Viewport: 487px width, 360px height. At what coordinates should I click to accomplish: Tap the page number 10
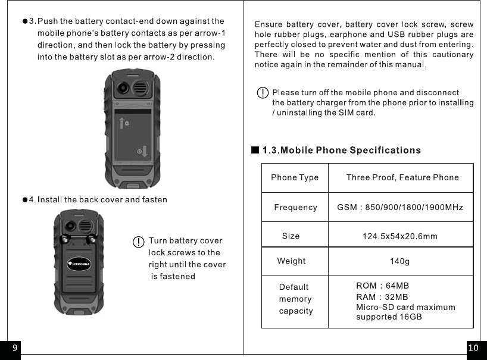click(x=473, y=348)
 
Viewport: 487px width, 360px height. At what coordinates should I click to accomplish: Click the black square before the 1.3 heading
click(x=255, y=150)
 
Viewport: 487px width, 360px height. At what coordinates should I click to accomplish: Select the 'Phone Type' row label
click(x=295, y=177)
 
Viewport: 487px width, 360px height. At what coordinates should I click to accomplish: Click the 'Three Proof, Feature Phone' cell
click(x=402, y=177)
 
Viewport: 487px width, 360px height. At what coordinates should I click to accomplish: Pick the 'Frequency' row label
click(x=295, y=208)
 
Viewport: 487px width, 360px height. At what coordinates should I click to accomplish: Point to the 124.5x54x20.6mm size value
click(x=400, y=236)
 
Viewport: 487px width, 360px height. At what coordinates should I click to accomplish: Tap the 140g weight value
click(x=399, y=261)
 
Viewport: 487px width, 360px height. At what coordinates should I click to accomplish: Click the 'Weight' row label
click(x=291, y=261)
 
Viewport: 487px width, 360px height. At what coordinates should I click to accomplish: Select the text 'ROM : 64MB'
click(x=382, y=286)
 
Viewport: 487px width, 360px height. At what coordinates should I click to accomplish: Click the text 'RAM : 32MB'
click(x=382, y=297)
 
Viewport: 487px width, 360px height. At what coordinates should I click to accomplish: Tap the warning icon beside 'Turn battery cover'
click(x=138, y=242)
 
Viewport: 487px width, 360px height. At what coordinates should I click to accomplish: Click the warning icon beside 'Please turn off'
click(x=262, y=93)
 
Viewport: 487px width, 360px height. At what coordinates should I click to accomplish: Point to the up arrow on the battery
click(x=121, y=123)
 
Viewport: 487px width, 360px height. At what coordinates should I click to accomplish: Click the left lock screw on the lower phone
click(x=63, y=239)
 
